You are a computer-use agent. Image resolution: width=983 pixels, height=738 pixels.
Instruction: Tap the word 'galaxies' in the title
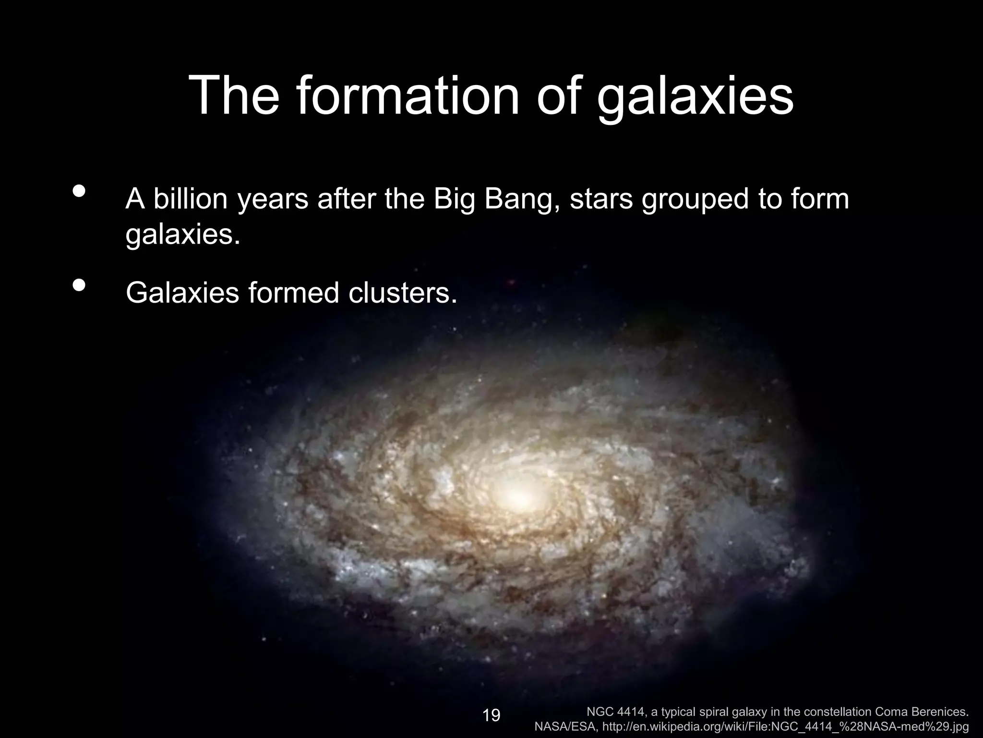click(695, 98)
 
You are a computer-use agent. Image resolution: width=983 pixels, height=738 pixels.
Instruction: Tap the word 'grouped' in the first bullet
click(696, 200)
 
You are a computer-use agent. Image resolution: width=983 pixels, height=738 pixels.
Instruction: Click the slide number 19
click(491, 715)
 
